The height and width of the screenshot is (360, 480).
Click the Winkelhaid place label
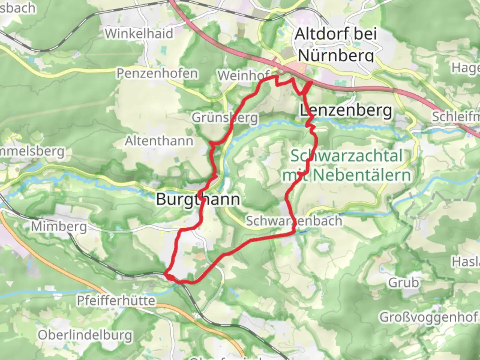(139, 34)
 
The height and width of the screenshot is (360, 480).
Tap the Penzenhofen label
(157, 73)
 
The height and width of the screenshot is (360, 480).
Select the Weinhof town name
(244, 75)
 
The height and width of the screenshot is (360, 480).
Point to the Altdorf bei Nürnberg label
(336, 44)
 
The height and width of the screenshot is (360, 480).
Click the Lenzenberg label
(346, 110)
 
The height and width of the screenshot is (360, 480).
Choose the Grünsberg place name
(225, 118)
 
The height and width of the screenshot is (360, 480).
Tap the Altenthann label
(159, 141)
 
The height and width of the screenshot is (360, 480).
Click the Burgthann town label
(198, 199)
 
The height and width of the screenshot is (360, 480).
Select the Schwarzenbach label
(294, 221)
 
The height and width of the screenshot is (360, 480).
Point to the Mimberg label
(59, 227)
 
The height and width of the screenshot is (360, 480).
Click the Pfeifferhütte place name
(116, 301)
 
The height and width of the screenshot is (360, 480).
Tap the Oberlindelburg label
(85, 335)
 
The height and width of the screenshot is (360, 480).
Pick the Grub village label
(403, 283)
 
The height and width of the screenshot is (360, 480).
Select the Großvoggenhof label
(429, 317)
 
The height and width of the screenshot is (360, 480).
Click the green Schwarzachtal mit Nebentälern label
(347, 165)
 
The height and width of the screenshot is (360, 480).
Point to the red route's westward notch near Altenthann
(211, 144)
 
